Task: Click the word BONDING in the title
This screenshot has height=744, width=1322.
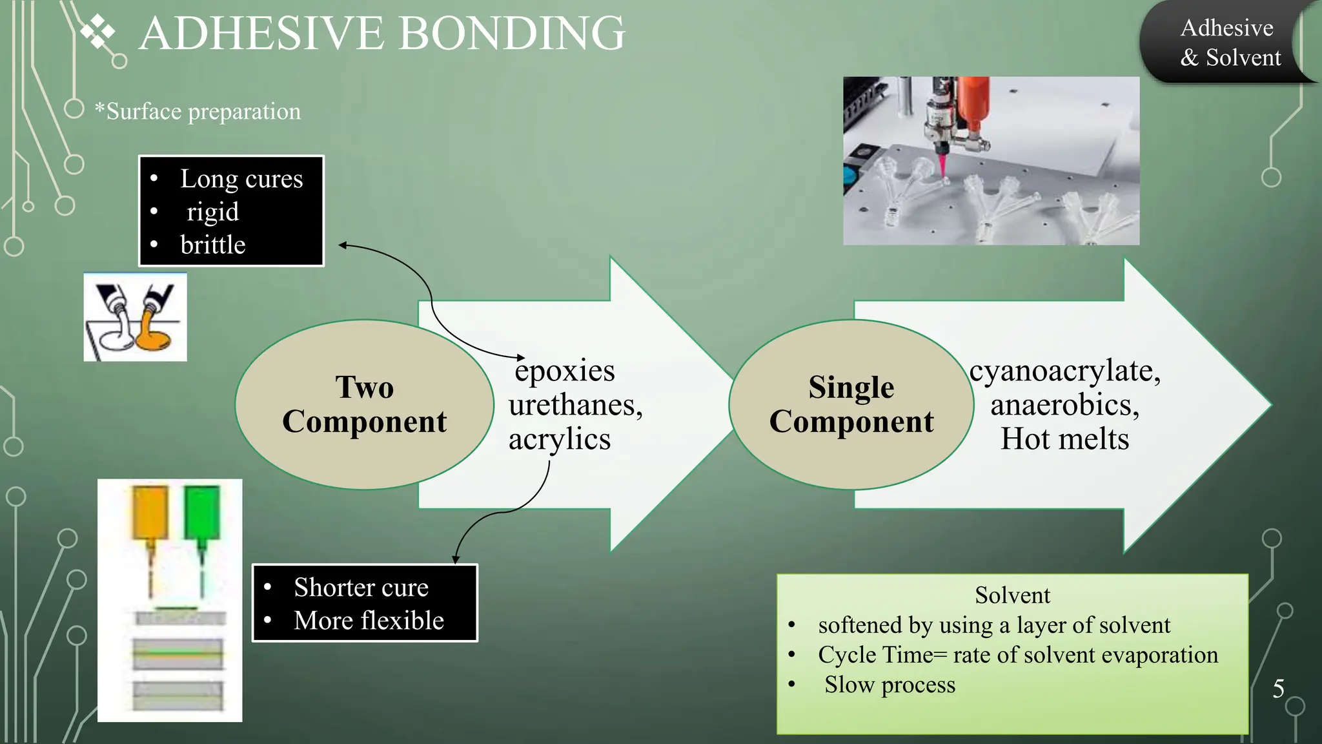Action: pyautogui.click(x=512, y=34)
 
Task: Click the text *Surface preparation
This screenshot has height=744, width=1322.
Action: pyautogui.click(x=198, y=112)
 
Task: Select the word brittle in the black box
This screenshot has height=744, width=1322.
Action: pyautogui.click(x=212, y=245)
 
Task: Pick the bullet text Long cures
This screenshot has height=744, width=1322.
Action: pyautogui.click(x=241, y=179)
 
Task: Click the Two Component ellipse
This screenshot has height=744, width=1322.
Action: pyautogui.click(x=364, y=404)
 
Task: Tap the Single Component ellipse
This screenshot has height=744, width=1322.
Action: pyautogui.click(x=851, y=404)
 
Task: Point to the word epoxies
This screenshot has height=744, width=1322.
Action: pyautogui.click(x=565, y=371)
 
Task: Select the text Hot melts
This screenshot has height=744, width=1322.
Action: pyautogui.click(x=1064, y=439)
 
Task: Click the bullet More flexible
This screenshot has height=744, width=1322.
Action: pyautogui.click(x=369, y=621)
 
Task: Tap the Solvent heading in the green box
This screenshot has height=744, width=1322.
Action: pyautogui.click(x=1012, y=595)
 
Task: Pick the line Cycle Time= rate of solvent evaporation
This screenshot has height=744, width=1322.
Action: pyautogui.click(x=1017, y=655)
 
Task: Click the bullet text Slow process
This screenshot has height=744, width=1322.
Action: pyautogui.click(x=890, y=685)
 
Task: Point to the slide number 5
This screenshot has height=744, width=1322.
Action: pyautogui.click(x=1278, y=689)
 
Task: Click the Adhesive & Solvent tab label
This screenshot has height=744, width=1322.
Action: pyautogui.click(x=1229, y=43)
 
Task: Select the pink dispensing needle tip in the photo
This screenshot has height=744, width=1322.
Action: pyautogui.click(x=942, y=165)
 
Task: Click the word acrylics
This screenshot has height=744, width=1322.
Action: pyautogui.click(x=559, y=440)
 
